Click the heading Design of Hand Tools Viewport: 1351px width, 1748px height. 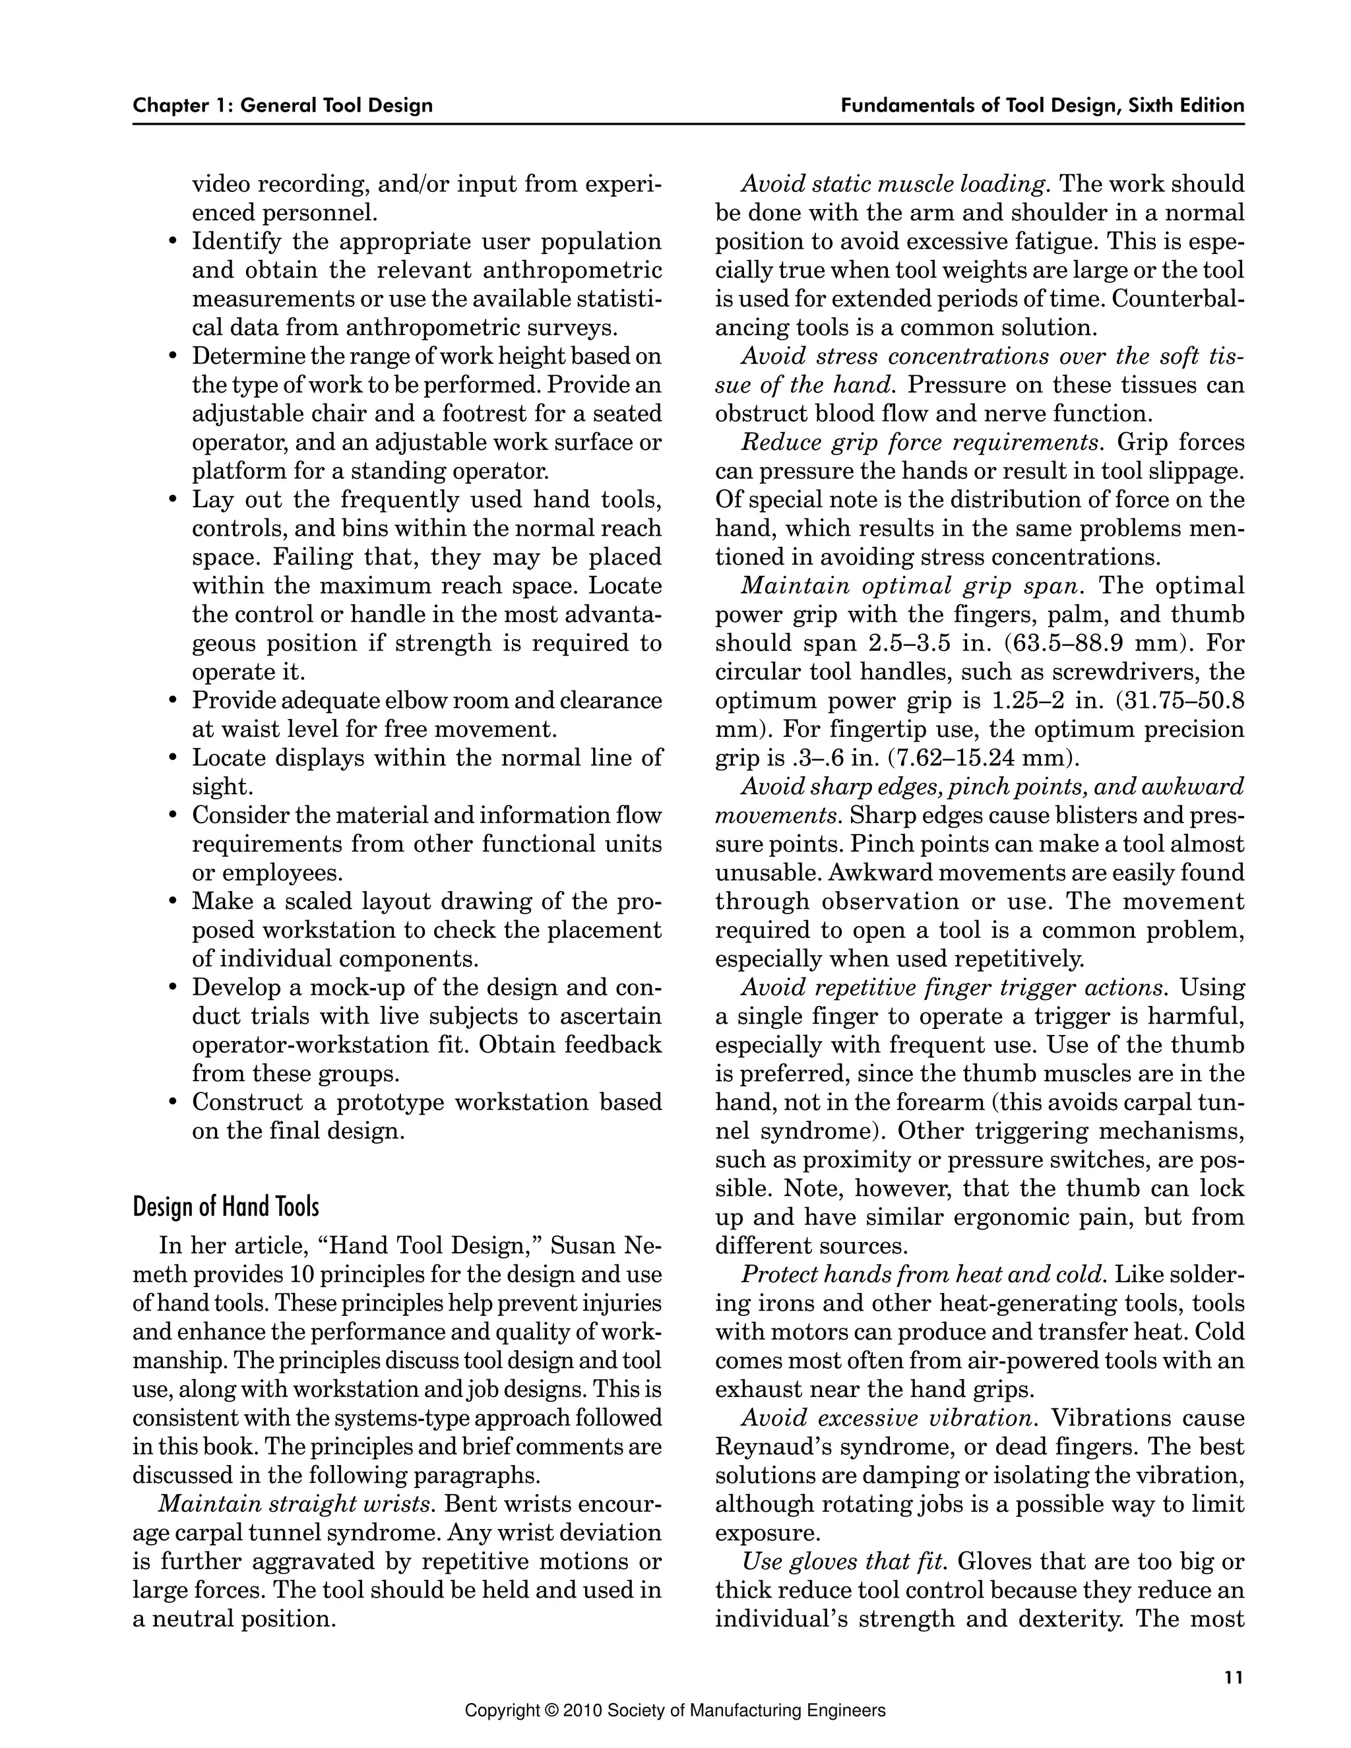[x=226, y=1207]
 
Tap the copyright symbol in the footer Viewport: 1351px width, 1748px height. [x=550, y=1711]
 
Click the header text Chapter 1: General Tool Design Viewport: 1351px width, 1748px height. [x=282, y=106]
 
